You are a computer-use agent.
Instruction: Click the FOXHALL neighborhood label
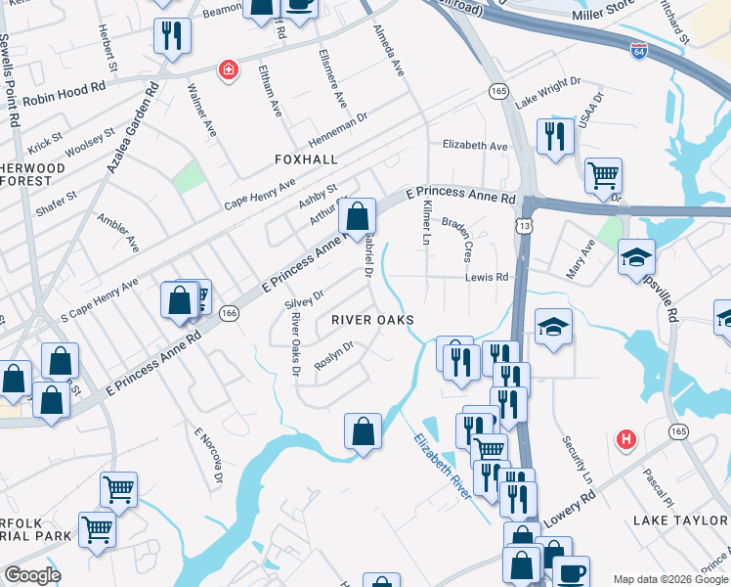(306, 158)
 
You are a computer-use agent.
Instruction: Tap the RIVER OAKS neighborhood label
(372, 320)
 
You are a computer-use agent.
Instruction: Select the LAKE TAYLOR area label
(680, 519)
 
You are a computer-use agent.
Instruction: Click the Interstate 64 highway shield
(639, 48)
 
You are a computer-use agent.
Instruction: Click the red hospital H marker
(626, 440)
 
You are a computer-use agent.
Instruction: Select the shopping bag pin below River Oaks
(363, 430)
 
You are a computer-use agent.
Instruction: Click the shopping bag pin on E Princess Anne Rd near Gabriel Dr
(359, 215)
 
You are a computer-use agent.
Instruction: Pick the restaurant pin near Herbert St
(172, 36)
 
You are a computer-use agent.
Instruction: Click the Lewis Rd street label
(488, 277)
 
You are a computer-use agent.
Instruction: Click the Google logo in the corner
(33, 575)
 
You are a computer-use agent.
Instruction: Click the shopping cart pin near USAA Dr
(603, 176)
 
